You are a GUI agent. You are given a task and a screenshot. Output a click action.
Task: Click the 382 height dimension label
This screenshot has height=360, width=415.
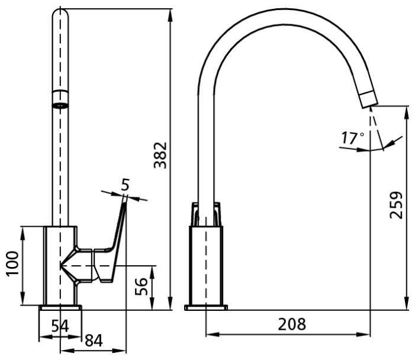point(160,155)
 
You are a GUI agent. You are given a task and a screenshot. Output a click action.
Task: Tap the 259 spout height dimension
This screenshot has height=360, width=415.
point(396,205)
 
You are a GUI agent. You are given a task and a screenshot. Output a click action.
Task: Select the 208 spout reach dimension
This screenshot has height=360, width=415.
point(292,324)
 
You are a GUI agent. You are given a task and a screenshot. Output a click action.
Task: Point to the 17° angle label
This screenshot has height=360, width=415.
point(352,137)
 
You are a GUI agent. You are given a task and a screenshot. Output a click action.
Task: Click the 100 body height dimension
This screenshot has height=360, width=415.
point(12,264)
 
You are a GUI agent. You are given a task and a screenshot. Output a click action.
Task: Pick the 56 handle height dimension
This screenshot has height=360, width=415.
point(141,287)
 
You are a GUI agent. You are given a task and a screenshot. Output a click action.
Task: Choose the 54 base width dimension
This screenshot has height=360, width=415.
point(60,326)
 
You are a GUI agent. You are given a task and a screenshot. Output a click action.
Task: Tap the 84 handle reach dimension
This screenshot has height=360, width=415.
point(94,340)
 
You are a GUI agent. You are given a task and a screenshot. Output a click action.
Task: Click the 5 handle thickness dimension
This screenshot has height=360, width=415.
point(125,185)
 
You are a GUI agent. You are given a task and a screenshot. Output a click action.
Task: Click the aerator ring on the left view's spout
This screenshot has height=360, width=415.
point(60,99)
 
